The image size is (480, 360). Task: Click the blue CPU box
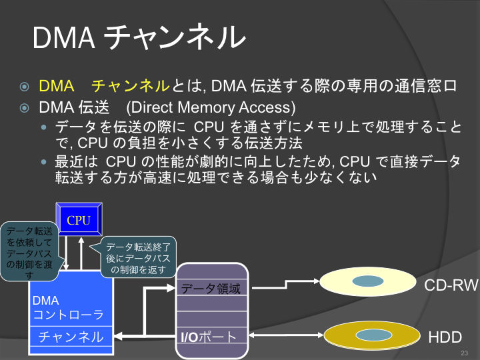79,219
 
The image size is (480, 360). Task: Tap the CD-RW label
451,285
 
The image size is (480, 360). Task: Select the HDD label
445,337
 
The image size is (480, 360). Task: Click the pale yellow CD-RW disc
367,281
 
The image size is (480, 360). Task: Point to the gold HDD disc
372,335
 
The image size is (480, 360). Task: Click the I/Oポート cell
211,337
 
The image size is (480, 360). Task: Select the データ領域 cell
211,288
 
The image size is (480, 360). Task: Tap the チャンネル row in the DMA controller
71,337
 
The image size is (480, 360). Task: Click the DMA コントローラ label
68,307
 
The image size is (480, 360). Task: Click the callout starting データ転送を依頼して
30,251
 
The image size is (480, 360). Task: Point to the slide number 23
465,353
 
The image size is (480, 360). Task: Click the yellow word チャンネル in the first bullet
130,86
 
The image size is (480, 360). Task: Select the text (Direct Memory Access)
211,107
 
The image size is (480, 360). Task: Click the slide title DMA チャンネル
139,37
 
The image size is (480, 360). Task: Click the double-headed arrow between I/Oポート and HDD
285,335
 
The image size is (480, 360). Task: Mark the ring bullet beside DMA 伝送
25,108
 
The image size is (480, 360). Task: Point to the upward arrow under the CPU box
81,253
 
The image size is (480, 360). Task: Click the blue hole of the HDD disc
374,335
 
